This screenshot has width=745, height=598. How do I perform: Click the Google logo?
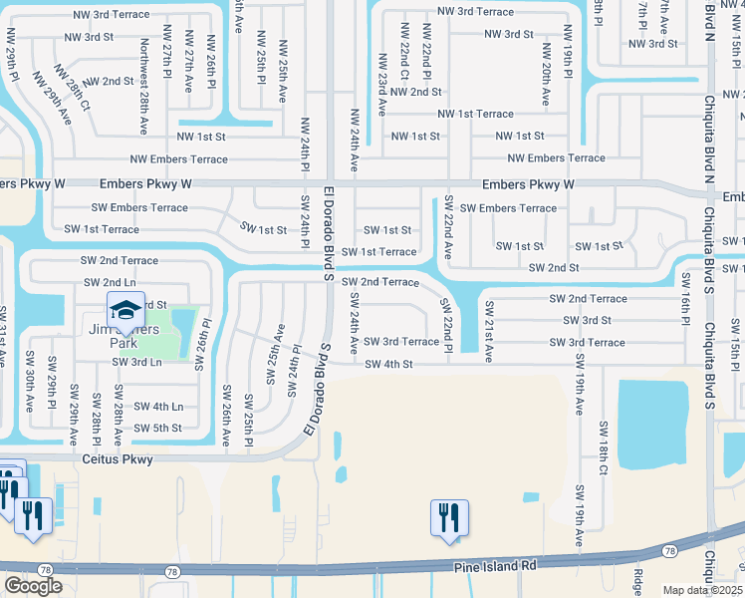(x=33, y=585)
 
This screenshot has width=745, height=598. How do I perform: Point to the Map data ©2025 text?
(x=702, y=590)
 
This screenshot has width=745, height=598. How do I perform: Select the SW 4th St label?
(x=388, y=364)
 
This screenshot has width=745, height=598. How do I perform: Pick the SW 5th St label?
(x=157, y=428)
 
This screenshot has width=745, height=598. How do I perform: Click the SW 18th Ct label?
(x=604, y=448)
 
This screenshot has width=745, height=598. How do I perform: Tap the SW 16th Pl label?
(x=686, y=298)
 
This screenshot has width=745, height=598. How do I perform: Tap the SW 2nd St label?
(x=554, y=268)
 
